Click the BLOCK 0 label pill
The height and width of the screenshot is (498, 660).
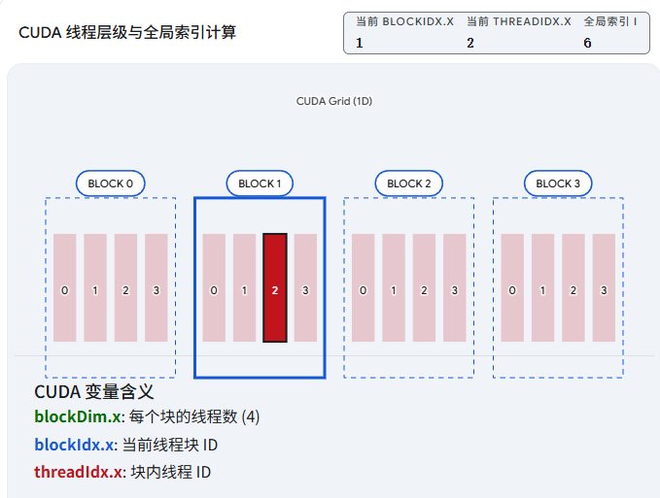click(111, 183)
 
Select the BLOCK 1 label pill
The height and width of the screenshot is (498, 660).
click(260, 183)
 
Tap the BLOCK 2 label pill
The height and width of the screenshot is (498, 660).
click(408, 183)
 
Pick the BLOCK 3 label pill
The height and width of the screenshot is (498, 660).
click(558, 183)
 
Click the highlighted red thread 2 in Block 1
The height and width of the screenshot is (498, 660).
click(275, 288)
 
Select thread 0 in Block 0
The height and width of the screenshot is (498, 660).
click(64, 288)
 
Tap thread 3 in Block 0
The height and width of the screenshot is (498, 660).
click(156, 288)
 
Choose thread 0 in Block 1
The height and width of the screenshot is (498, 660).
click(214, 288)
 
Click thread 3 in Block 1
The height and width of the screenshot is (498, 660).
click(305, 288)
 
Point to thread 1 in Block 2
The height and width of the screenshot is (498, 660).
click(394, 288)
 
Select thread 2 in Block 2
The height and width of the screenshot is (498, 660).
click(424, 288)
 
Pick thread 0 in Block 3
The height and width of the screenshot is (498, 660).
click(512, 288)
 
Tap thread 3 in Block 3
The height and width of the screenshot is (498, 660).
click(604, 288)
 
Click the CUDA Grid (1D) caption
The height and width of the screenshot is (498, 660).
click(333, 101)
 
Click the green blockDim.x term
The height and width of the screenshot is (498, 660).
click(78, 417)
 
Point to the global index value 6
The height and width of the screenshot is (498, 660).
click(587, 43)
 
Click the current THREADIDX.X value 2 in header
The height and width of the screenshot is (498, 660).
click(470, 43)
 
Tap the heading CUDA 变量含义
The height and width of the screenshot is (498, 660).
click(94, 392)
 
